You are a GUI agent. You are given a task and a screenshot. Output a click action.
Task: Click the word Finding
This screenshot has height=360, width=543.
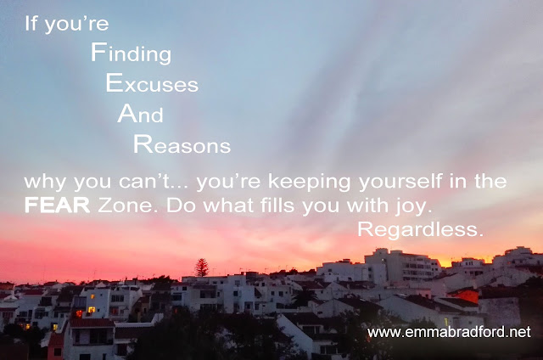point(132,53)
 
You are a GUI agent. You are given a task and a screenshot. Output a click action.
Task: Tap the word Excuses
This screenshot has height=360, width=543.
point(152,83)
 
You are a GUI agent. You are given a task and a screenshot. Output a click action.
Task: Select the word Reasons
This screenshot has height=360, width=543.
point(182,144)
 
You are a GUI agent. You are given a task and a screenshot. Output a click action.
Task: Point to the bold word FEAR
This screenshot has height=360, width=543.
point(57,205)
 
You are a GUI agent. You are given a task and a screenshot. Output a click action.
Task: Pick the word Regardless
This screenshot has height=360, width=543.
point(420,230)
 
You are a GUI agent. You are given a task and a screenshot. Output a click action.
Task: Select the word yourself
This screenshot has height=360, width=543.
point(400,182)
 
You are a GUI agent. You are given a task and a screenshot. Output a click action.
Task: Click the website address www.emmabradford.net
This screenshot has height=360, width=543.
point(449,332)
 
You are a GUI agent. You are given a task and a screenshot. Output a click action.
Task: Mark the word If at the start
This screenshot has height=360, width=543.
point(31,24)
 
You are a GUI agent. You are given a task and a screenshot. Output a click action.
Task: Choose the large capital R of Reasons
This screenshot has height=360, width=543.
point(143,144)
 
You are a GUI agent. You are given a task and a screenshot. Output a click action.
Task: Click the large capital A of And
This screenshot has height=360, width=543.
point(126,113)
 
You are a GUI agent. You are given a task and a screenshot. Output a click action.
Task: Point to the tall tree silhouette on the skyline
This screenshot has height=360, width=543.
point(202,267)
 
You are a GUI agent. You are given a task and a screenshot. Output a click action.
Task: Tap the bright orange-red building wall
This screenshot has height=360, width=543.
point(467,296)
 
